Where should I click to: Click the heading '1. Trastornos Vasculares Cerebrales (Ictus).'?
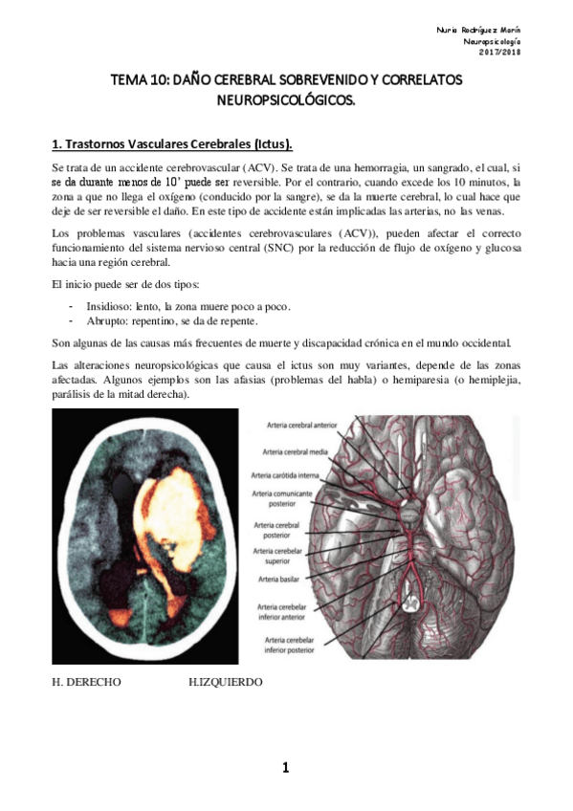pos(172,144)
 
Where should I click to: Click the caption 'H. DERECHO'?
pos(86,682)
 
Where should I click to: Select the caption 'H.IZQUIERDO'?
pos(226,682)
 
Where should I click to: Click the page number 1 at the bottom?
pos(285,767)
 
